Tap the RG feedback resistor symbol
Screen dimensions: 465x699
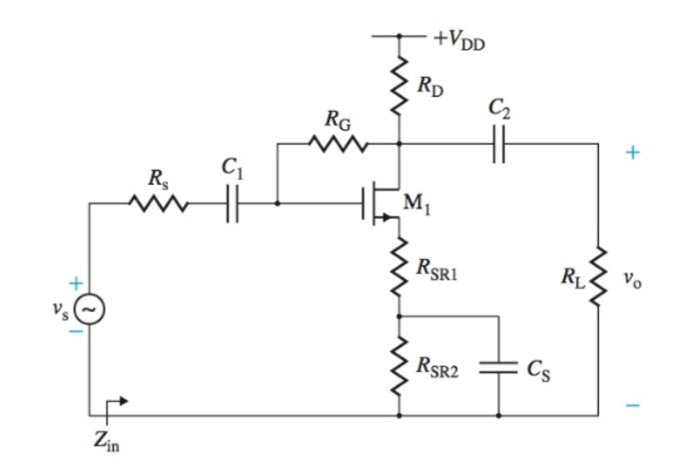pyautogui.click(x=338, y=144)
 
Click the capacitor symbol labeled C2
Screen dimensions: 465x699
pyautogui.click(x=500, y=144)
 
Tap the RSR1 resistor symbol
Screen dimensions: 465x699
pyautogui.click(x=399, y=268)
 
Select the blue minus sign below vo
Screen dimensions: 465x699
pyautogui.click(x=632, y=405)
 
